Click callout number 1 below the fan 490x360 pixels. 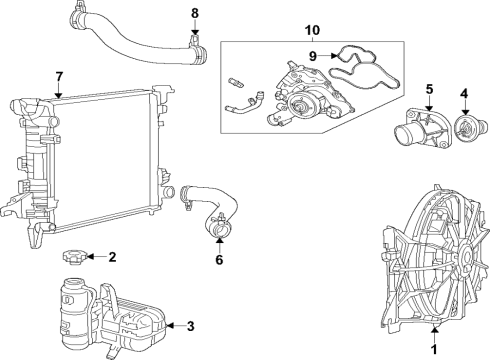click(x=434, y=349)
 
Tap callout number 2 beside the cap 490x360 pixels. click(x=112, y=257)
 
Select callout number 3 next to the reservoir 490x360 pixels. click(x=191, y=325)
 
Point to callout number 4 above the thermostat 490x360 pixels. click(x=464, y=96)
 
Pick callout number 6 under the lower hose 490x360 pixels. click(x=219, y=261)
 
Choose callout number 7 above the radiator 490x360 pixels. click(x=59, y=76)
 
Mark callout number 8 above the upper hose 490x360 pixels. click(x=195, y=13)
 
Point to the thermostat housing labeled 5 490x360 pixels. click(x=420, y=129)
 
